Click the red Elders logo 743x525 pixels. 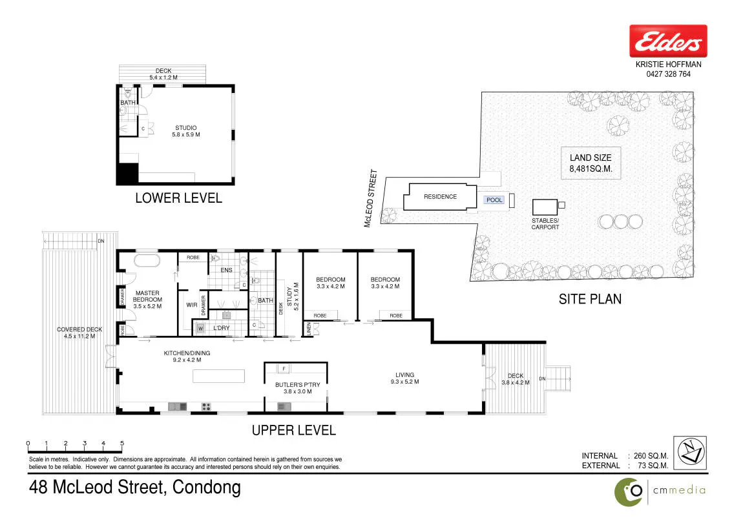coord(668,41)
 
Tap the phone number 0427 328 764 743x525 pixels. coord(668,74)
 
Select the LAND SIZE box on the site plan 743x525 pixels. coord(591,163)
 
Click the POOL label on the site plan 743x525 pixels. coord(494,200)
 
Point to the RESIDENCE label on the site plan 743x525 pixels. coord(440,196)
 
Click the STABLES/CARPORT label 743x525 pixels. coord(545,224)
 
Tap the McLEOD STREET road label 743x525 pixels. coord(371,198)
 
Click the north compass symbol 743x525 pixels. coord(690,453)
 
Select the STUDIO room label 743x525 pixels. coord(186,128)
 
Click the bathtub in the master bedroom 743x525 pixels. coord(148,261)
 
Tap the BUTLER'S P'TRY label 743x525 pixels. coord(298,385)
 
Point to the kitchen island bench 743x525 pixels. coord(218,376)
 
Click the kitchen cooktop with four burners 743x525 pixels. coord(206,406)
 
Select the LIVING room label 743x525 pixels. coord(404,375)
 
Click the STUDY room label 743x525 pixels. coord(289,296)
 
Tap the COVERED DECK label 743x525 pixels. coord(79,329)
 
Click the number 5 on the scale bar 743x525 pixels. coord(121,443)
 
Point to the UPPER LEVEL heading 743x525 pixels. coord(294,430)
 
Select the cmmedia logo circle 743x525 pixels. coord(629,492)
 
